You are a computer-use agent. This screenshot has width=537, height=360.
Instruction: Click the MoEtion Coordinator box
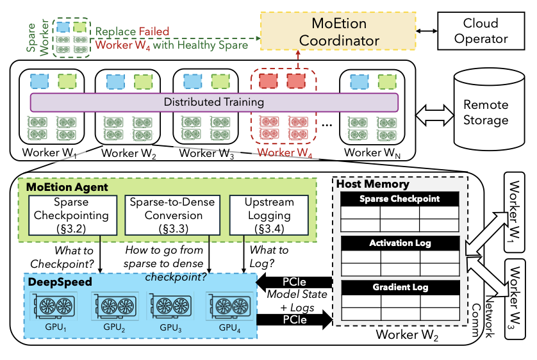[x=340, y=32]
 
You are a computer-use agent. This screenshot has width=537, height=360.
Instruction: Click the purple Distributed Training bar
[x=214, y=102]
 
